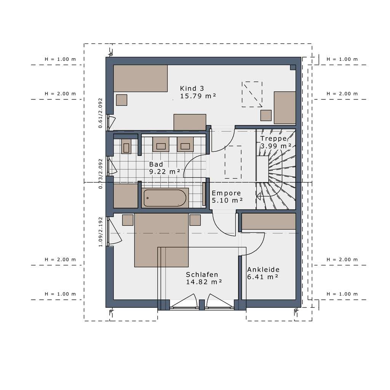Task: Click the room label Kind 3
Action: [x=192, y=88]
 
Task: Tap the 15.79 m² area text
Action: [x=198, y=96]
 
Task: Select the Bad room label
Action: [x=156, y=164]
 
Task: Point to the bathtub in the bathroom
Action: [x=165, y=198]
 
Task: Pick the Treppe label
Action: [x=273, y=139]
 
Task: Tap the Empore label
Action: [x=226, y=193]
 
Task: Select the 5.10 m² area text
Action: [x=227, y=200]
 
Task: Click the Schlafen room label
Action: [x=202, y=275]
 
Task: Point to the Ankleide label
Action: [x=263, y=270]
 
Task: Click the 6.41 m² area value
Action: [x=262, y=277]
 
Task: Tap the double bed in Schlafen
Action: [x=161, y=240]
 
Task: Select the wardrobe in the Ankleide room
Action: [x=269, y=221]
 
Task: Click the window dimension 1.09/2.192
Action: [x=101, y=232]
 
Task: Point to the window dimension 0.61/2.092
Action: [x=100, y=113]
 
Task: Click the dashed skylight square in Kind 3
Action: [x=252, y=94]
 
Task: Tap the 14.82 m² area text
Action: [x=204, y=282]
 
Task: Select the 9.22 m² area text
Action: [x=165, y=172]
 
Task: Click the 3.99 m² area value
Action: [x=276, y=146]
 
